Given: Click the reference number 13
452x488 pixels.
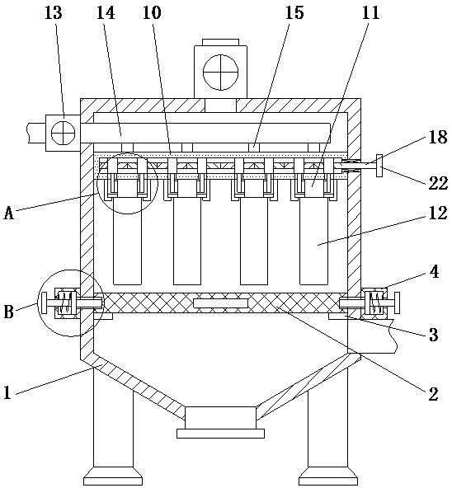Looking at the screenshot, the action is click(54, 12).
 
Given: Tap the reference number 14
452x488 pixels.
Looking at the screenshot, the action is click(106, 12).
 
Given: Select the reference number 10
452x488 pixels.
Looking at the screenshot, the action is click(152, 12).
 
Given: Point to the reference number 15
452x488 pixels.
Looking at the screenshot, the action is click(294, 12).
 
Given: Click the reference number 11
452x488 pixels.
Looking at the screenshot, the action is click(370, 12).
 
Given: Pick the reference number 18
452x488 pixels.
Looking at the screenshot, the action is click(438, 137).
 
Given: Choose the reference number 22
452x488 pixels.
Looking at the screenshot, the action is click(438, 183).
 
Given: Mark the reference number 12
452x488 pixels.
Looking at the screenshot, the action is click(438, 213).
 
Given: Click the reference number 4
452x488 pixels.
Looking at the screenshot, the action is click(434, 272).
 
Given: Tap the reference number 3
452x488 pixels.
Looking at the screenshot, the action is click(434, 335).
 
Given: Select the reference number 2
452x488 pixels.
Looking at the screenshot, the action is click(433, 394).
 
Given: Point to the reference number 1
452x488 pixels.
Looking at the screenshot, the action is click(7, 392).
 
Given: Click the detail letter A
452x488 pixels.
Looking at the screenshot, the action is click(9, 213).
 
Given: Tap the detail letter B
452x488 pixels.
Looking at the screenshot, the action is click(9, 312).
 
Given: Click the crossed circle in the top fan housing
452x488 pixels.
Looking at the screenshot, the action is click(220, 73).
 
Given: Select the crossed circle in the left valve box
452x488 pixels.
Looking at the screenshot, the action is click(64, 133).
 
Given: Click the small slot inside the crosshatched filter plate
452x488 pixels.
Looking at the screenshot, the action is click(220, 303).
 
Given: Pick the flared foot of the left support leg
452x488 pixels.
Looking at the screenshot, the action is click(113, 476).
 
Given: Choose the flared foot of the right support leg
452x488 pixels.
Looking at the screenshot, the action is click(328, 476).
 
